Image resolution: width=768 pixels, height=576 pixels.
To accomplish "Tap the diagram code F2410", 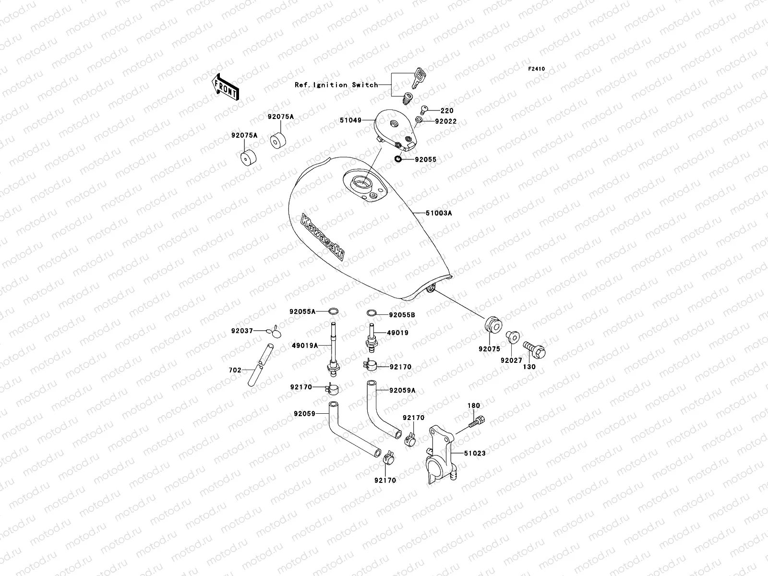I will click(537, 69).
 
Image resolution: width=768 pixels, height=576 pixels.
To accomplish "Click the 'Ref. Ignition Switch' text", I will click(343, 85).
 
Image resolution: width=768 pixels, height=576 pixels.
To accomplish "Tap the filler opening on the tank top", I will click(360, 183).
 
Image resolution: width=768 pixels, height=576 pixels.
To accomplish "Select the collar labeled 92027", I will click(512, 336).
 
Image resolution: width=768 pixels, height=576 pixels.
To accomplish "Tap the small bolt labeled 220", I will click(424, 109).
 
